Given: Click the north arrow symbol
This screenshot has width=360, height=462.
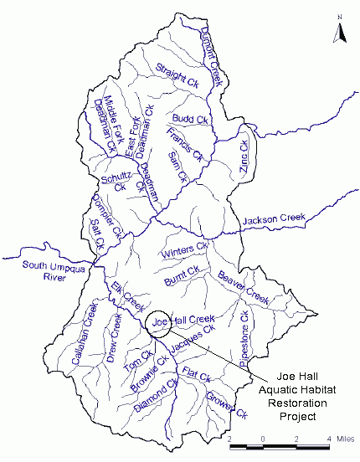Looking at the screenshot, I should [340, 29].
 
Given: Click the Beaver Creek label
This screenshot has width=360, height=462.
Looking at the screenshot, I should [242, 287].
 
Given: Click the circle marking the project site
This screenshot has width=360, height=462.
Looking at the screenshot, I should [157, 322].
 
